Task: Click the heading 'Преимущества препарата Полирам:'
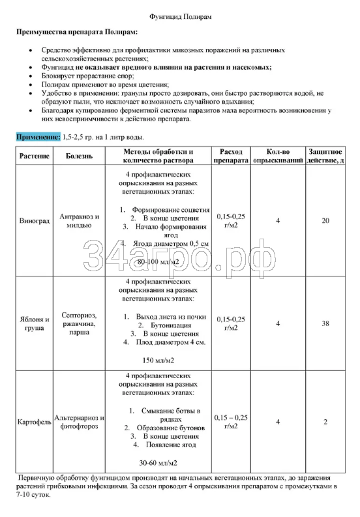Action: click(77, 31)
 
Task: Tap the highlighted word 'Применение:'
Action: click(38, 137)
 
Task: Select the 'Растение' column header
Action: click(32, 156)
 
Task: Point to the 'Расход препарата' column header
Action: click(231, 156)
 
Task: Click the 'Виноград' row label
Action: click(32, 221)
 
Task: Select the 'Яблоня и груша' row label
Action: click(32, 324)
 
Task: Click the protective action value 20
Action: click(325, 221)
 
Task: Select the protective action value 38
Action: click(325, 323)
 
